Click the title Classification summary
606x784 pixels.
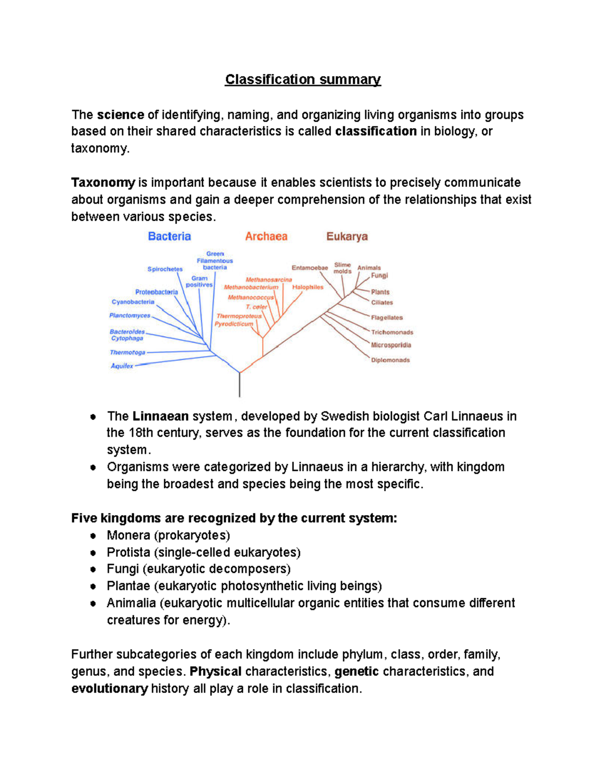302,80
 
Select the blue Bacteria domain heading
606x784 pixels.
169,236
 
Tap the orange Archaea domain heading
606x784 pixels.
266,236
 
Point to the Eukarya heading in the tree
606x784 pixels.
347,236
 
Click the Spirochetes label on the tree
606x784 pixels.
165,269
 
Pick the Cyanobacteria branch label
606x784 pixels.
133,302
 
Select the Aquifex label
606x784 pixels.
122,366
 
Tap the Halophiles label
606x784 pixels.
308,287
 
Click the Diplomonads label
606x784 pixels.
390,360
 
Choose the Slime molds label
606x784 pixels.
342,268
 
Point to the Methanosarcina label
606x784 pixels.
269,280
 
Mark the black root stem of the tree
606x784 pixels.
239,386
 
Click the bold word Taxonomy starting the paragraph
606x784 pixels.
103,182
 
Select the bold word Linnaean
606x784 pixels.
161,416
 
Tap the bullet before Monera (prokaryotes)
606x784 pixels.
93,536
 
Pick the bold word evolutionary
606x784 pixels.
110,689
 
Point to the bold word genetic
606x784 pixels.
357,671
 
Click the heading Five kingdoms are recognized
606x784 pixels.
234,518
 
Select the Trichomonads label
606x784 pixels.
392,332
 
